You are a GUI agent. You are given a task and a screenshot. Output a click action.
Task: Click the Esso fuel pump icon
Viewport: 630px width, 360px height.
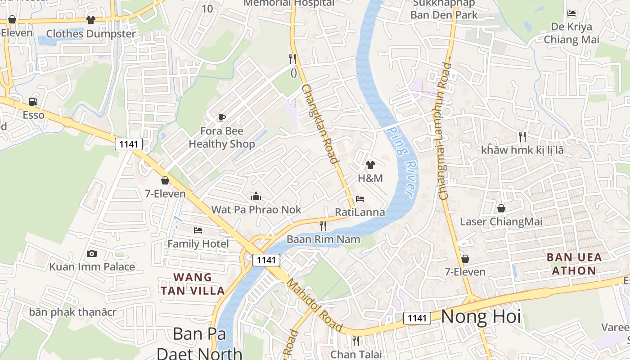(33, 102)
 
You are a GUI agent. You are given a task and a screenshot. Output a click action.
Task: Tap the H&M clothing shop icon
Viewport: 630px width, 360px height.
(370, 165)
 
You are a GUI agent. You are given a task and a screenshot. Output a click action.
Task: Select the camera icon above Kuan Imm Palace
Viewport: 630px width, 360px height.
(92, 253)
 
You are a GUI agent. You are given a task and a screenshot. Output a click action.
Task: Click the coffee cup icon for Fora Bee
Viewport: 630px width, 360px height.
(221, 118)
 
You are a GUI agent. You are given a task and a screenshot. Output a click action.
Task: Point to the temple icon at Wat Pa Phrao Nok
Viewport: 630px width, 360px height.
(256, 196)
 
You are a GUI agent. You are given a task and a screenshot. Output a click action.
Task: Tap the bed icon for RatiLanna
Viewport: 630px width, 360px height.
(360, 199)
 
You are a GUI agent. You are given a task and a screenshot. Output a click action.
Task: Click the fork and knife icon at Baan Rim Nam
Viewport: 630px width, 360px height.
(323, 226)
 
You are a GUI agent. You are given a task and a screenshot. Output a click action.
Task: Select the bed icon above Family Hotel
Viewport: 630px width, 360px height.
(198, 230)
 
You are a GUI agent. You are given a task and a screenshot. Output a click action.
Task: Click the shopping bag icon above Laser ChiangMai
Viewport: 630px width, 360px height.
(501, 208)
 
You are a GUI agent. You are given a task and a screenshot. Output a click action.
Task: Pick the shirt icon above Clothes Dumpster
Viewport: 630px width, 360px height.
(91, 20)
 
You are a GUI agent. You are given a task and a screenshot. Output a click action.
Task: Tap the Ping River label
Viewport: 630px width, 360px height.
(402, 161)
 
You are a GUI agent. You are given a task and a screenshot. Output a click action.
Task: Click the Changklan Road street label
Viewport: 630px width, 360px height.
(320, 124)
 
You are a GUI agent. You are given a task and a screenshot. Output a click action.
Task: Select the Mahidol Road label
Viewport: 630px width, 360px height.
(315, 305)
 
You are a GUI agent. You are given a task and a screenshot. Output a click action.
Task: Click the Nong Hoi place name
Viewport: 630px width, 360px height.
(481, 317)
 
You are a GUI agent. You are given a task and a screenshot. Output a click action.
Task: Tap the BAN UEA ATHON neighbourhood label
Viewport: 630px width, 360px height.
(574, 264)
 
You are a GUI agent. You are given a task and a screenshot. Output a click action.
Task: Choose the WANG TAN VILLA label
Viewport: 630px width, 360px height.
(193, 283)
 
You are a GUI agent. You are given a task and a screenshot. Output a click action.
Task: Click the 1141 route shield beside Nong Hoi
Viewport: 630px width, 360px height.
(417, 318)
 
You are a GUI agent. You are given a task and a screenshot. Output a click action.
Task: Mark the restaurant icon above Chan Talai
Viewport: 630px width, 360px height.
(356, 341)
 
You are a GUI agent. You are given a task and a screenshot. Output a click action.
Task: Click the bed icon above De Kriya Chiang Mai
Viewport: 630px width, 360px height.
(571, 13)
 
